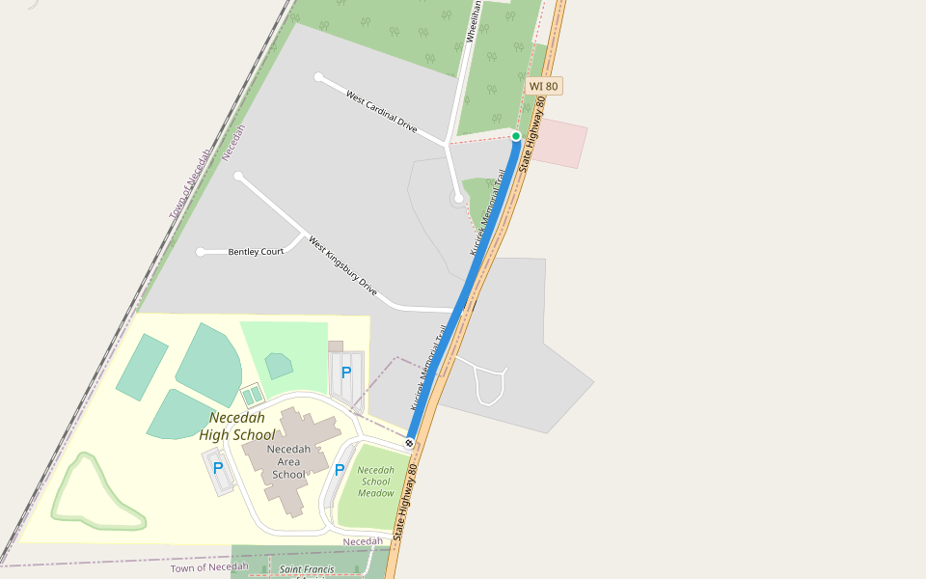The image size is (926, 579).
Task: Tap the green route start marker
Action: tap(516, 136)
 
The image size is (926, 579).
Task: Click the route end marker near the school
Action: tap(410, 443)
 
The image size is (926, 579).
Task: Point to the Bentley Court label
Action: tap(256, 252)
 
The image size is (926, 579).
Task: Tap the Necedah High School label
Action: tap(237, 426)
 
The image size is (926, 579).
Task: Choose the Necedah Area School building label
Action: tap(288, 461)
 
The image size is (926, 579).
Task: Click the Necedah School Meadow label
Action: tap(376, 481)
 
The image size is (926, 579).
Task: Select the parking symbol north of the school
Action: tap(346, 372)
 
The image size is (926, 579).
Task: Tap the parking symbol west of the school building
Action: tap(218, 468)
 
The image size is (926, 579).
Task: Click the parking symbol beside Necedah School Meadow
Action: tap(339, 470)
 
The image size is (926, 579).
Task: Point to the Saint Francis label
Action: tap(307, 569)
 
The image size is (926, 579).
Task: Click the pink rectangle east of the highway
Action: tap(559, 144)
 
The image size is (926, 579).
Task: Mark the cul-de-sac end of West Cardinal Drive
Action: tap(318, 77)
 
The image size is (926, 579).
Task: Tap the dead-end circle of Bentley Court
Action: tap(201, 252)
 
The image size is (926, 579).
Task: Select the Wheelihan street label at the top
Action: tap(473, 19)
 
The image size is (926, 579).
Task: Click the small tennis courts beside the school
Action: tap(253, 396)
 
